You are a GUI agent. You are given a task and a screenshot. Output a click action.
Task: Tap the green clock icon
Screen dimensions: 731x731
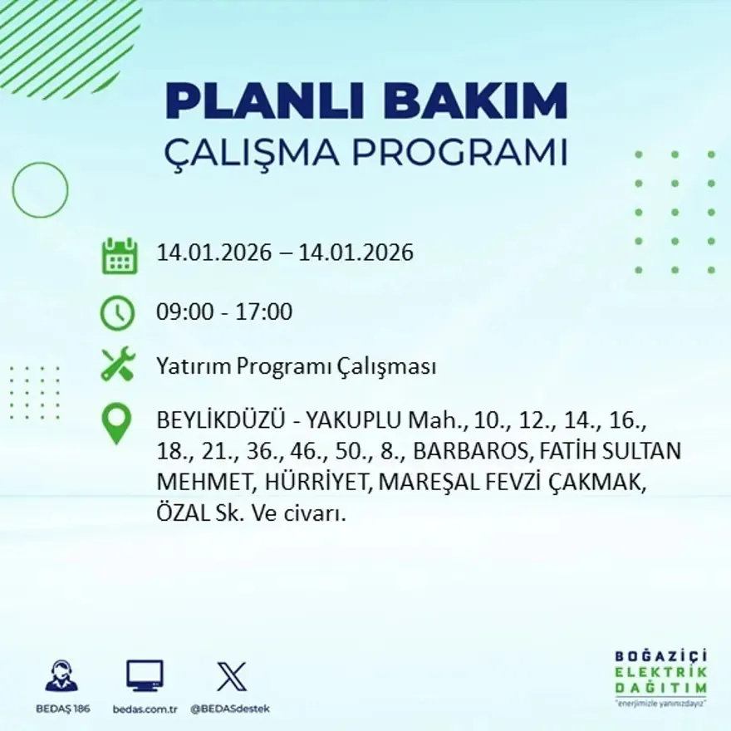(x=117, y=313)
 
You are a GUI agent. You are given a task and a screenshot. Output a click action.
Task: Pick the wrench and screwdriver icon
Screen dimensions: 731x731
(x=118, y=365)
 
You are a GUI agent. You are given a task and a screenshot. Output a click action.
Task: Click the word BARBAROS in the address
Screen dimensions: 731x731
(x=470, y=452)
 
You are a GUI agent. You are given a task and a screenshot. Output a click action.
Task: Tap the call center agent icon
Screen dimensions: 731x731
(x=61, y=676)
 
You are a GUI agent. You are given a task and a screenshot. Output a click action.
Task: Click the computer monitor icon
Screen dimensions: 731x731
(x=145, y=675)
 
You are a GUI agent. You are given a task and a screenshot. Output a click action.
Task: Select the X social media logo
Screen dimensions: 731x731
(x=232, y=675)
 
